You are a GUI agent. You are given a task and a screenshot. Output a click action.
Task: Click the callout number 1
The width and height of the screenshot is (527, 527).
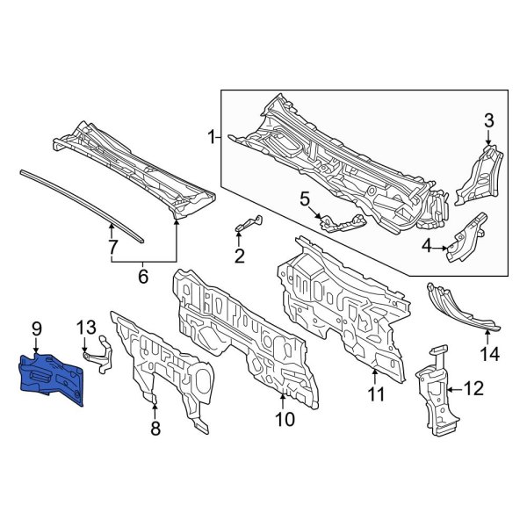pos(211,136)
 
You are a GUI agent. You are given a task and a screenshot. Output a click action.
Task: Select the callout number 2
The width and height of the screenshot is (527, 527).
pos(239,256)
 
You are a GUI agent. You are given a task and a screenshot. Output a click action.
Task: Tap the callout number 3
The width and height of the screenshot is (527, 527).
pos(489,119)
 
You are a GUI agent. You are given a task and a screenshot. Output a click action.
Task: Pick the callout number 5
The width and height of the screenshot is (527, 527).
pos(305,200)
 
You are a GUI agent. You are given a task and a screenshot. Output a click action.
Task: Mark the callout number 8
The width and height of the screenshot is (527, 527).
pos(155,430)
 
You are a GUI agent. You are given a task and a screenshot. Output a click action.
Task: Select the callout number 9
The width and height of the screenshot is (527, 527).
pos(37,329)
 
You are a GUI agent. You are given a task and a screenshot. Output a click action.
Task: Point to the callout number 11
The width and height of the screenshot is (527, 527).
pos(376,394)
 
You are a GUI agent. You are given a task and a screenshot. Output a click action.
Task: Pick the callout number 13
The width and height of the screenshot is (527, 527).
pos(84,329)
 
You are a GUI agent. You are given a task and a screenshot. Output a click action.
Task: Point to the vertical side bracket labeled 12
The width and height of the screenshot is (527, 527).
pos(434,391)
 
